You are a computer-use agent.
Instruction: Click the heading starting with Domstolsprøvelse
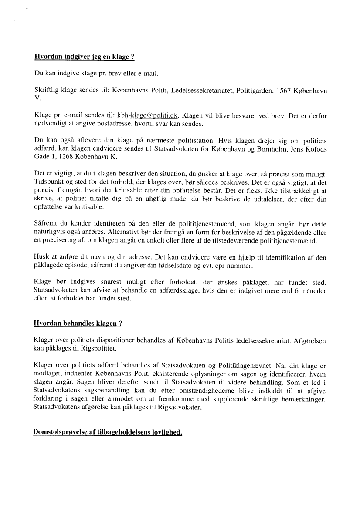point(107,432)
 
